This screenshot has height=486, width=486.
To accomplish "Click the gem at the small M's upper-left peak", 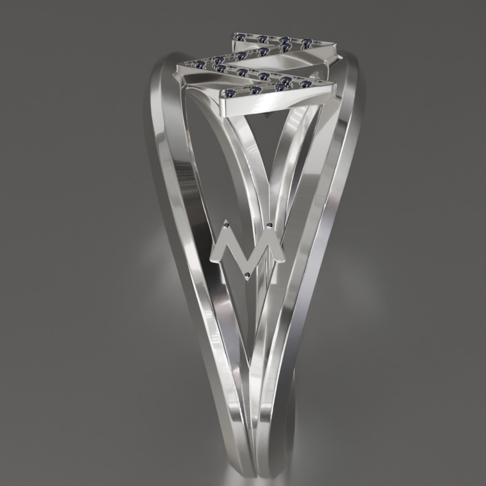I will coord(226,224).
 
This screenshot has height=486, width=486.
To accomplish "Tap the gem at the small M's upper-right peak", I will coord(270,225).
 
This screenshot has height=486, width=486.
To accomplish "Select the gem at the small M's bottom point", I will coord(247,275).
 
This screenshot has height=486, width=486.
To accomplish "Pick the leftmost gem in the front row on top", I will coord(231,93).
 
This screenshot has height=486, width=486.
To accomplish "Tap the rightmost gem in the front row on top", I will coord(306,84).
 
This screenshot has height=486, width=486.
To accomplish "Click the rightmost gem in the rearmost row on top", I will coord(307,42).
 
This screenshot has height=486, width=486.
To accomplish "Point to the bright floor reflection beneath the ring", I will coord(252,477).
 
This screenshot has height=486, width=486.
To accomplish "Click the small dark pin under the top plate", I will coord(269,116).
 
